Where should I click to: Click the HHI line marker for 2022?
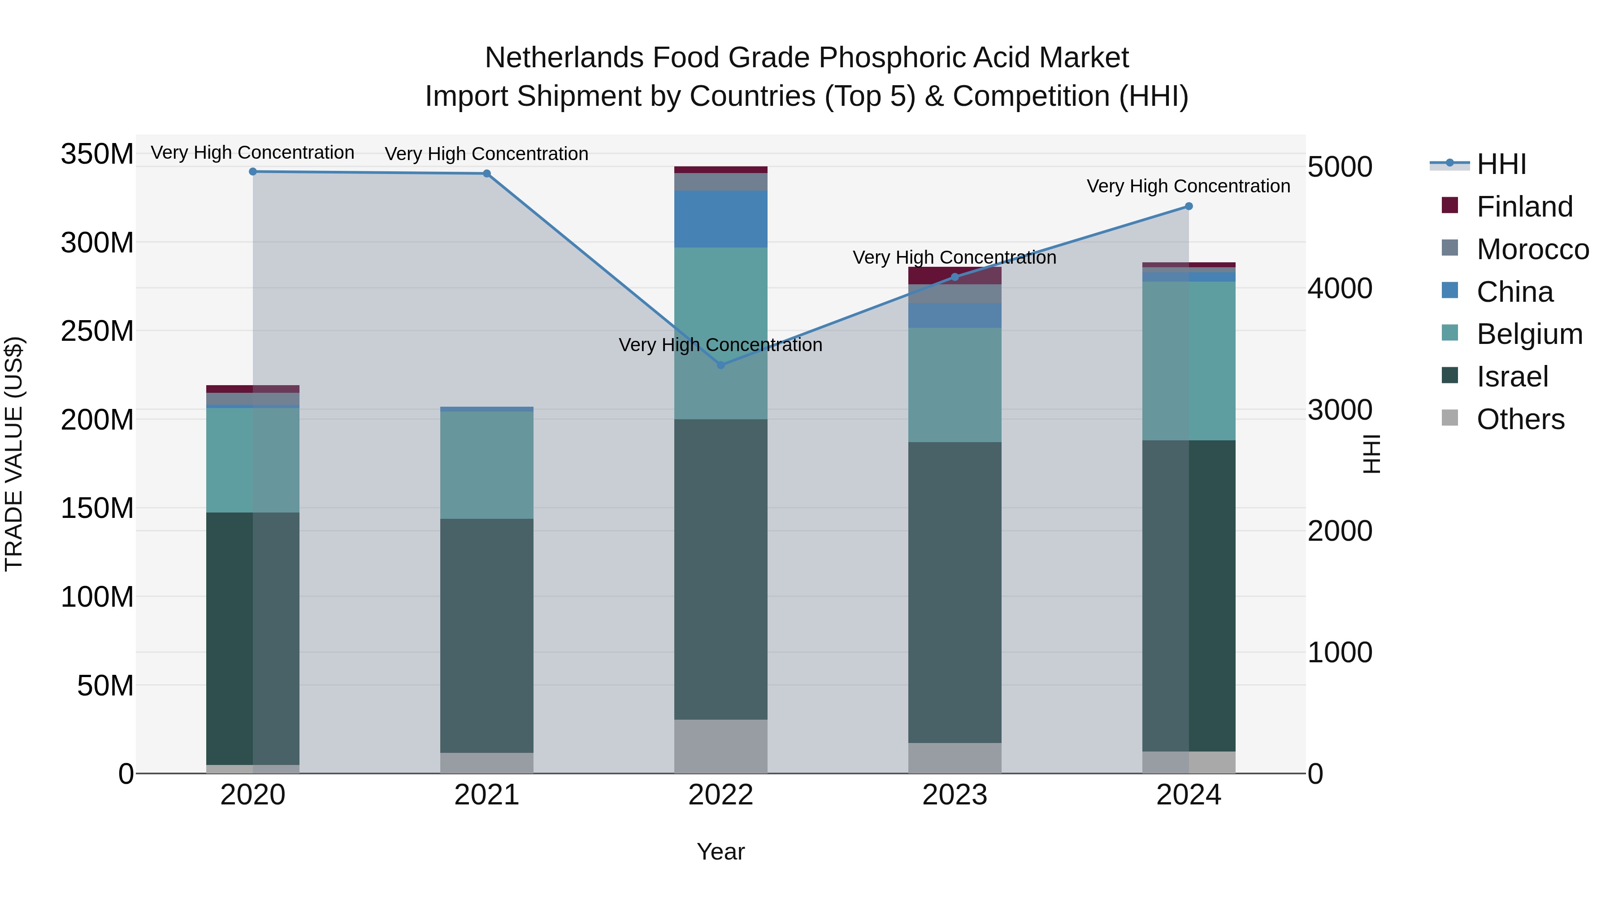720,365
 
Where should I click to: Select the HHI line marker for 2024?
1189,206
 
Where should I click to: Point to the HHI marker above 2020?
253,172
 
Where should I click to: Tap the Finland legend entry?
1524,207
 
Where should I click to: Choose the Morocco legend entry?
1532,249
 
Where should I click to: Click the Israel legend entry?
1512,377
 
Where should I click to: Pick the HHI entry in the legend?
1501,164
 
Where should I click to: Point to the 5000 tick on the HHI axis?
1340,167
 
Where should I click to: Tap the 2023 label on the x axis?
954,795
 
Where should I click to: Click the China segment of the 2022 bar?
720,219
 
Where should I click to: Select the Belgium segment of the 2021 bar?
487,465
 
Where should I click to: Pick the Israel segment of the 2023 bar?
954,592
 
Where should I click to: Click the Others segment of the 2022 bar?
720,746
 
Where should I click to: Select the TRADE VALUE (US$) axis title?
14,454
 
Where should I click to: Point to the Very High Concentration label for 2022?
720,345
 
